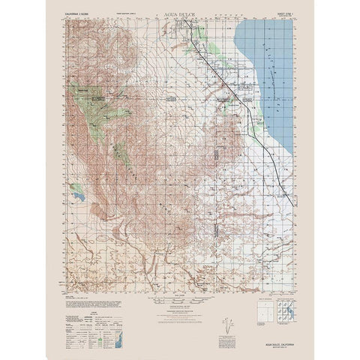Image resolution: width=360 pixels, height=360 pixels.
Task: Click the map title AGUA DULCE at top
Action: [x=178, y=14]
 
